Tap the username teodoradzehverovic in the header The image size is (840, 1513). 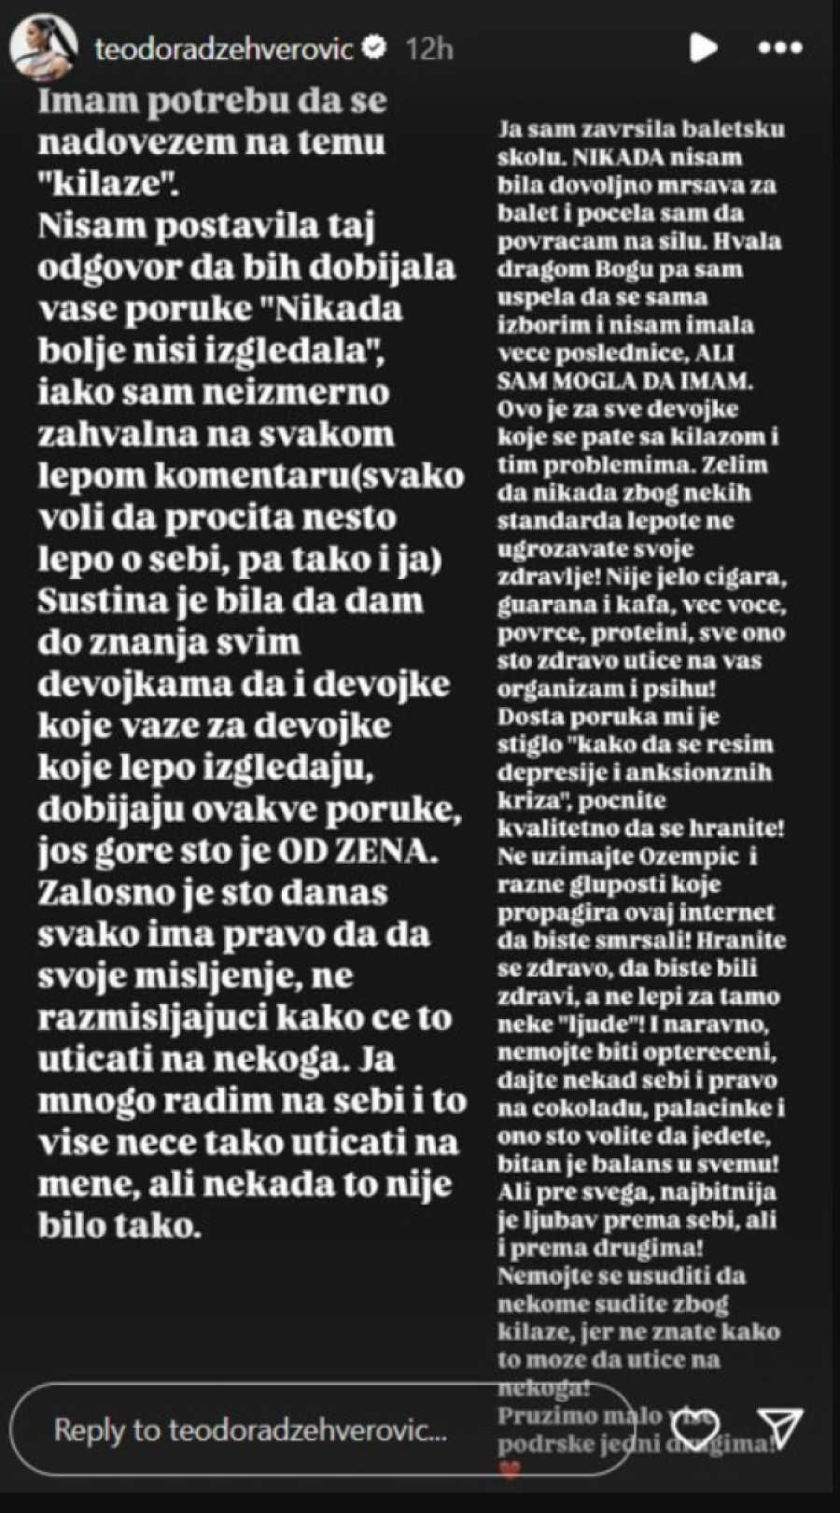(224, 49)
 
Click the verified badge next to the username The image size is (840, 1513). (374, 48)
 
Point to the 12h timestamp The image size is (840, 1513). (429, 49)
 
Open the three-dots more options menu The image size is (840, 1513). (779, 48)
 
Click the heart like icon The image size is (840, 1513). (696, 1426)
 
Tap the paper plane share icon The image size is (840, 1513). (780, 1427)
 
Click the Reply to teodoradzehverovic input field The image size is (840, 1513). (252, 1430)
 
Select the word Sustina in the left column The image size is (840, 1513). (90, 600)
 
